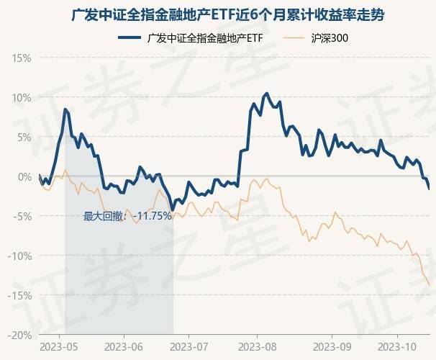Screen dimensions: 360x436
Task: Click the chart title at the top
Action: pyautogui.click(x=218, y=14)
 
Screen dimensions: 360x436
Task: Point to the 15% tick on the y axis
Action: pyautogui.click(x=22, y=58)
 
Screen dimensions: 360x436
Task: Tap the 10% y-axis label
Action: pyautogui.click(x=22, y=97)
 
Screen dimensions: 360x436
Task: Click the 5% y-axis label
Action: pyautogui.click(x=24, y=137)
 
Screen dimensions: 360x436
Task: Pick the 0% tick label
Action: pyautogui.click(x=24, y=176)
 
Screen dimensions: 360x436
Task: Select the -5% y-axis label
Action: pyautogui.click(x=22, y=216)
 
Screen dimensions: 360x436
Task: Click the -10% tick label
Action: pyautogui.click(x=20, y=256)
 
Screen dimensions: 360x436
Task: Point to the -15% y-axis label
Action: pyautogui.click(x=20, y=295)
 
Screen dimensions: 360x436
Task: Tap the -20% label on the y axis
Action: pyautogui.click(x=20, y=335)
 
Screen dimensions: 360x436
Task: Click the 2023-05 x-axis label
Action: pyautogui.click(x=58, y=346)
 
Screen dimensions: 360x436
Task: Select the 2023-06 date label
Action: pyautogui.click(x=124, y=346)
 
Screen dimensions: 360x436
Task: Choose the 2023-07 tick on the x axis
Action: pyautogui.click(x=188, y=346)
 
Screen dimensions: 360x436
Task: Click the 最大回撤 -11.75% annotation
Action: pyautogui.click(x=127, y=215)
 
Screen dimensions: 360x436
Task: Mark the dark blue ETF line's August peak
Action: pyautogui.click(x=266, y=94)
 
